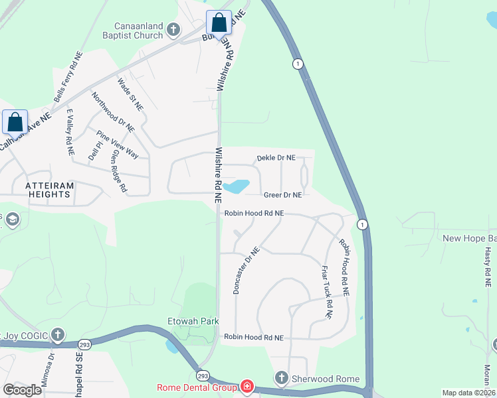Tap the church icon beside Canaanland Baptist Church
173,29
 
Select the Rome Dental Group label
197,387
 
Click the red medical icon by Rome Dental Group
247,385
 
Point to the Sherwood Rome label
326,379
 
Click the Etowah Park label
193,321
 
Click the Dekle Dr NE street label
276,158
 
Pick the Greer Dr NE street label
282,195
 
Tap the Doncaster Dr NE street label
245,270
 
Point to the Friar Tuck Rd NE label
326,293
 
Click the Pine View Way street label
118,144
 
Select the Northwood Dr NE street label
113,112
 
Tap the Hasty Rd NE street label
488,263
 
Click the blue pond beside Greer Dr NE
237,186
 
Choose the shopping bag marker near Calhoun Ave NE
15,123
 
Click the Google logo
23,390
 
